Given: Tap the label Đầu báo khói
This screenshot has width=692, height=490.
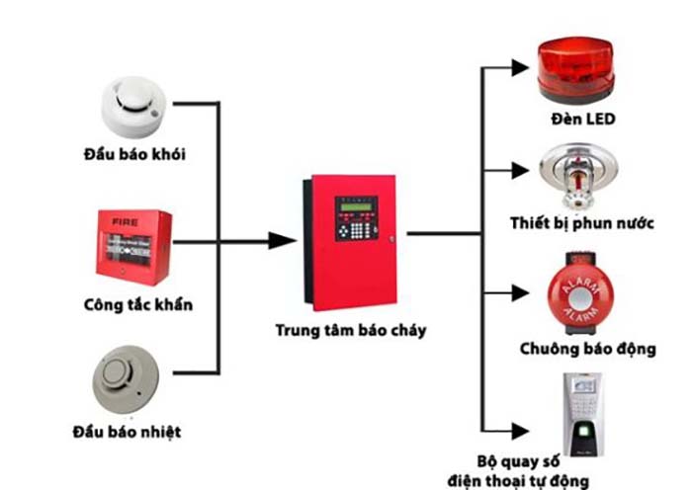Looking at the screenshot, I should coord(135,154).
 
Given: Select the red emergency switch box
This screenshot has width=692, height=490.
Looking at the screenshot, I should coord(134,245).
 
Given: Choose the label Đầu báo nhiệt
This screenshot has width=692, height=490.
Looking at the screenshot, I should coord(127,433).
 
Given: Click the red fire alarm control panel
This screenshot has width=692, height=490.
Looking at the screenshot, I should coord(351,240).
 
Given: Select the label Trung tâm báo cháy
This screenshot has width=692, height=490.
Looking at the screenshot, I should coord(350,330).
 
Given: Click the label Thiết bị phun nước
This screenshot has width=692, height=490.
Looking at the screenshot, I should coord(582,221).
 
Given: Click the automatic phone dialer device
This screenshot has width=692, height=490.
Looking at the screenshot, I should coord(583,411).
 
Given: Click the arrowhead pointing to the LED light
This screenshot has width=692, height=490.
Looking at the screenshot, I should coord(520,67).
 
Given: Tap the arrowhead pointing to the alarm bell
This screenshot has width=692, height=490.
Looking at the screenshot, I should coord(520,292).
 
